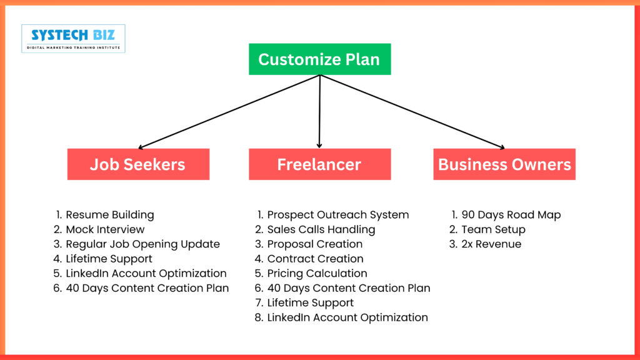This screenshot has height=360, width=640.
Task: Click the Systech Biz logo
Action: point(73,38)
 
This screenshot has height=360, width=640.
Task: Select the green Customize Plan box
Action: point(319,59)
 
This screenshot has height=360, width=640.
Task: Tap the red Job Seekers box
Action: point(138,164)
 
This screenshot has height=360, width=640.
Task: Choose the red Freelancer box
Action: point(319,164)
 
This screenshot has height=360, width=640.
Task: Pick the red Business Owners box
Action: point(504,164)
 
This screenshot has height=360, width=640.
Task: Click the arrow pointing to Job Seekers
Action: point(228,112)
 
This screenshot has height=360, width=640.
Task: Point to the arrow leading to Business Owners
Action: point(412,112)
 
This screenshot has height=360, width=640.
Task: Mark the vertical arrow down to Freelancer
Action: point(319,112)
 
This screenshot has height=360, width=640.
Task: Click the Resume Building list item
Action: point(109,214)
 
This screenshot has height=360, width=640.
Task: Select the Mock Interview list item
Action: point(105,229)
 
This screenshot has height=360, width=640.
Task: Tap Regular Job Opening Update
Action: point(142,244)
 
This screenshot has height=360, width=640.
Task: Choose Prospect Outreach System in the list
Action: point(337,214)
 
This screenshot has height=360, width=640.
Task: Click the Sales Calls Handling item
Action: point(321,229)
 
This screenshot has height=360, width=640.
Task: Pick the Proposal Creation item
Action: point(314,244)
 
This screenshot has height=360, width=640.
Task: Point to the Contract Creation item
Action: point(315,259)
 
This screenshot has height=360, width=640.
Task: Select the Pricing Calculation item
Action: point(317,273)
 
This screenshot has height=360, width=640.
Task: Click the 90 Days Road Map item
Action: point(511,214)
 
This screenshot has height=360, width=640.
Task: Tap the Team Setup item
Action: point(493,229)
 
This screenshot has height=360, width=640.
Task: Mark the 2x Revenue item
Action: point(491,244)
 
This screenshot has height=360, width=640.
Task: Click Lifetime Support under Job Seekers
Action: point(109,259)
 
